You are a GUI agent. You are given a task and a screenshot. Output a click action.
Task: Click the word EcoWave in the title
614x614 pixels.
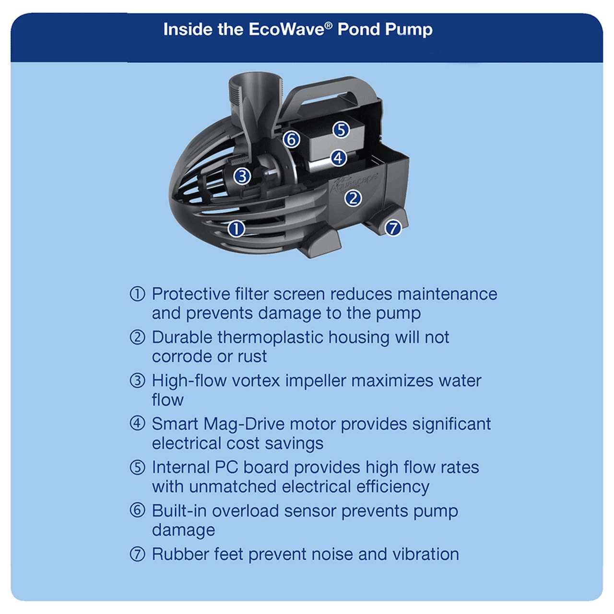(286, 29)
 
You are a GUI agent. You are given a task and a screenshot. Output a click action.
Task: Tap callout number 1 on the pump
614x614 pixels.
(236, 229)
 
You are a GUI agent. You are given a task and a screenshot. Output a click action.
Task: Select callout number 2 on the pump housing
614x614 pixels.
(353, 198)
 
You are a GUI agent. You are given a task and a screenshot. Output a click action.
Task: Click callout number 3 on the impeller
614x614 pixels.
(242, 177)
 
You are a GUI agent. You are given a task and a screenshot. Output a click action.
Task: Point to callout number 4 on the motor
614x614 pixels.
(339, 158)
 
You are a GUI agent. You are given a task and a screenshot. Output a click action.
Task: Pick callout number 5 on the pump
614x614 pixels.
(341, 130)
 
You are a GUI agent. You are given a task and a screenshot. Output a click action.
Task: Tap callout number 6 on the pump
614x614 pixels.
(291, 140)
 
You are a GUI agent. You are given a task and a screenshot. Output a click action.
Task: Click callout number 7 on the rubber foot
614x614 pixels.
(393, 228)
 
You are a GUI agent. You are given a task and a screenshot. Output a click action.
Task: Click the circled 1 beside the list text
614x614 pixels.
(137, 294)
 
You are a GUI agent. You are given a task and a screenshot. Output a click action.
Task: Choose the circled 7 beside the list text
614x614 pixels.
(137, 555)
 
